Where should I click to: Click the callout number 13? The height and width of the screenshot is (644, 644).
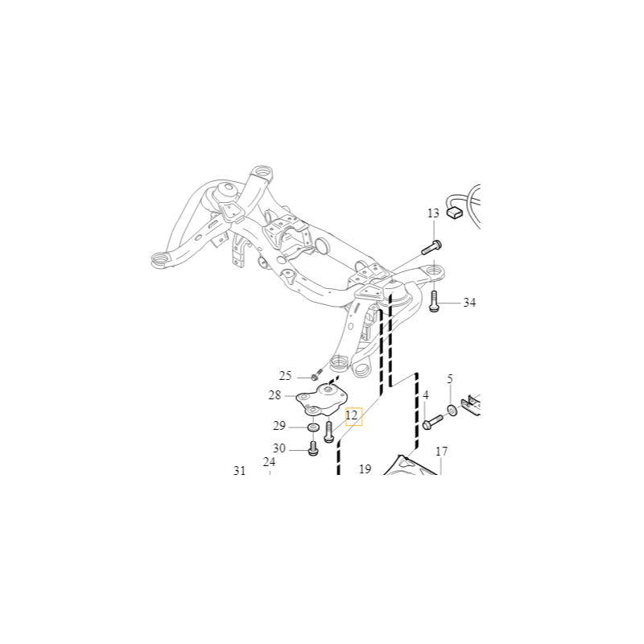433,213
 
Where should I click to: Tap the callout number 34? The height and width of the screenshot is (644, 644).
469,303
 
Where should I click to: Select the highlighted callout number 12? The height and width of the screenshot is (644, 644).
352,415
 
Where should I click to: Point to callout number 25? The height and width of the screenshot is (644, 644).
285,376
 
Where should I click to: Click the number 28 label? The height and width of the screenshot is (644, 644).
275,395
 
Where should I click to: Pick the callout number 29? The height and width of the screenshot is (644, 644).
279,426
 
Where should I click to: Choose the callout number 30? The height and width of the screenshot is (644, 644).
279,448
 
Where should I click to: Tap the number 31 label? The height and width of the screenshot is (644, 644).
239,471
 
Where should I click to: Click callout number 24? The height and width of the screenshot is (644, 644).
269,462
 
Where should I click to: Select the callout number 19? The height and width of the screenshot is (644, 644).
365,469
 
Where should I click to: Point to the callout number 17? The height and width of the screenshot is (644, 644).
441,452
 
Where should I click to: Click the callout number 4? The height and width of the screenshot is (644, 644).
426,395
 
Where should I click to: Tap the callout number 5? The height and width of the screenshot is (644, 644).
450,378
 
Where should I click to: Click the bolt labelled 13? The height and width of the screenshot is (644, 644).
431,247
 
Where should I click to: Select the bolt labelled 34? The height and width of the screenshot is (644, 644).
434,301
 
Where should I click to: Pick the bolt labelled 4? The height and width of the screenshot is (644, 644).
432,422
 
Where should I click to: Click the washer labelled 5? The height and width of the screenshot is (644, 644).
452,410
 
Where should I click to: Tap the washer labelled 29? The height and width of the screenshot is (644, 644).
313,427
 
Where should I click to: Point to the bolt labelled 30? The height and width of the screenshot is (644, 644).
313,448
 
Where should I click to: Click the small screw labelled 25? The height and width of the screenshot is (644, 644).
316,376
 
